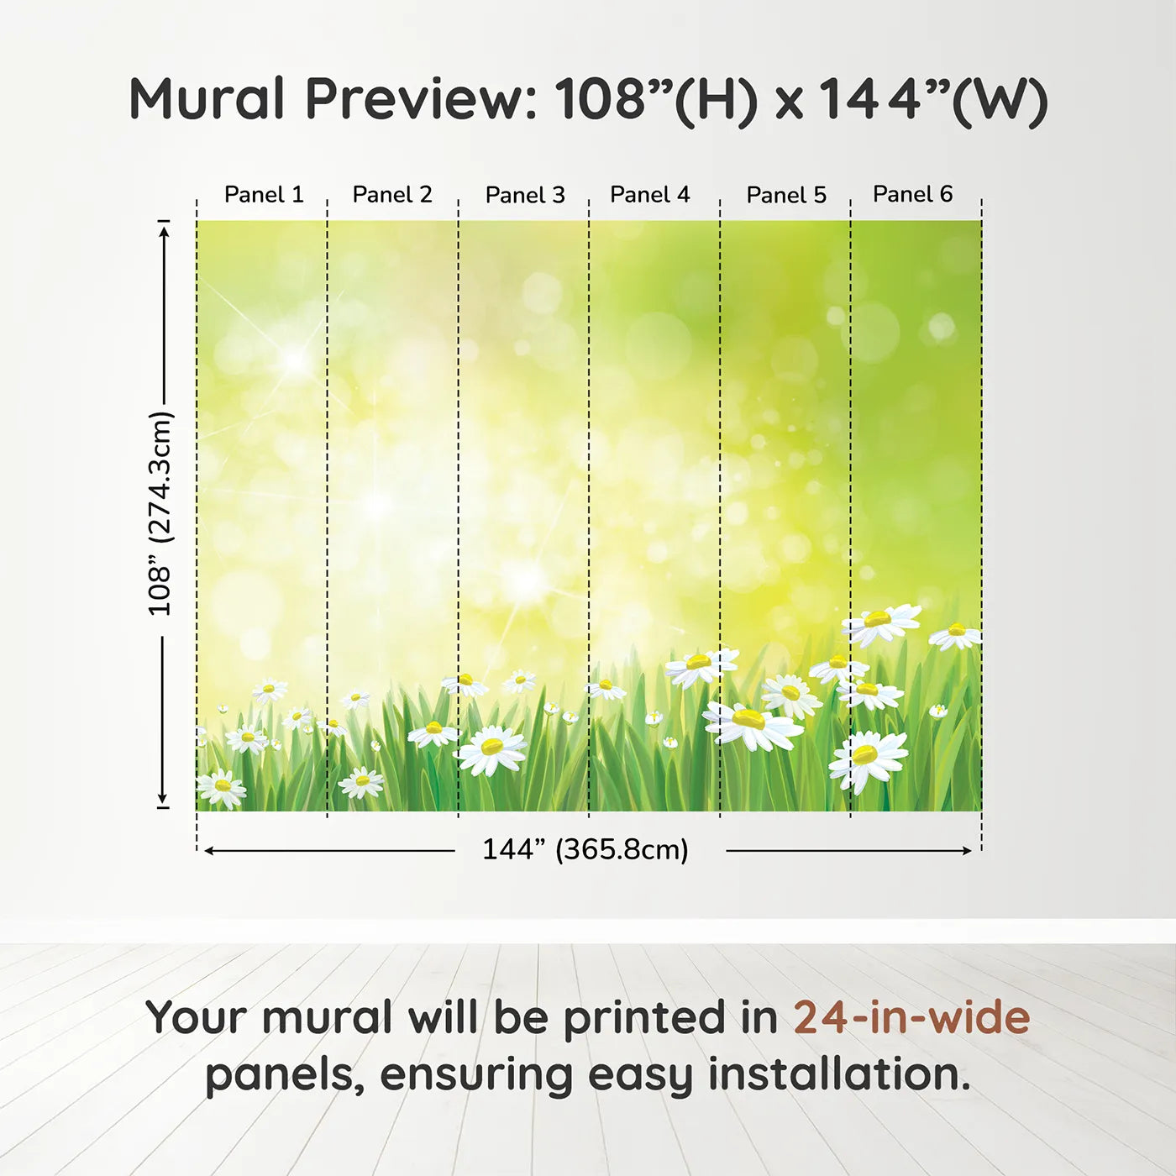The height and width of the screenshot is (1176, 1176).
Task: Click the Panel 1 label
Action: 264,195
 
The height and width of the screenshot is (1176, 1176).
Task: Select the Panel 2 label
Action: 392,195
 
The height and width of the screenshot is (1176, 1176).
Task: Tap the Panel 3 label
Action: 525,195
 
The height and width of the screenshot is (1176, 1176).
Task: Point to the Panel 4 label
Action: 650,195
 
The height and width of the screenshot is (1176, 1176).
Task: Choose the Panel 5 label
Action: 786,195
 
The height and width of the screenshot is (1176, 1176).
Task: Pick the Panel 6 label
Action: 912,194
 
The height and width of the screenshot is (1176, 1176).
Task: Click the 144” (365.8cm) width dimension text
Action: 585,849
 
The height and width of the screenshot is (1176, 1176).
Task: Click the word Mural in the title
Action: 207,99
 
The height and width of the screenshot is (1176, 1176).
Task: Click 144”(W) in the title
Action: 932,101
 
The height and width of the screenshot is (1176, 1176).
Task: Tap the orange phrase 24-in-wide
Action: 911,1017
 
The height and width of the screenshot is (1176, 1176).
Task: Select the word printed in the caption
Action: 670,1021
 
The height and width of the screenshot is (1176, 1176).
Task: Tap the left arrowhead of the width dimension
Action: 208,851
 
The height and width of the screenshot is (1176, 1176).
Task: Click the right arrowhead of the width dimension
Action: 967,851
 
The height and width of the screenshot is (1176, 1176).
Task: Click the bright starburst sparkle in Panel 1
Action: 295,360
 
